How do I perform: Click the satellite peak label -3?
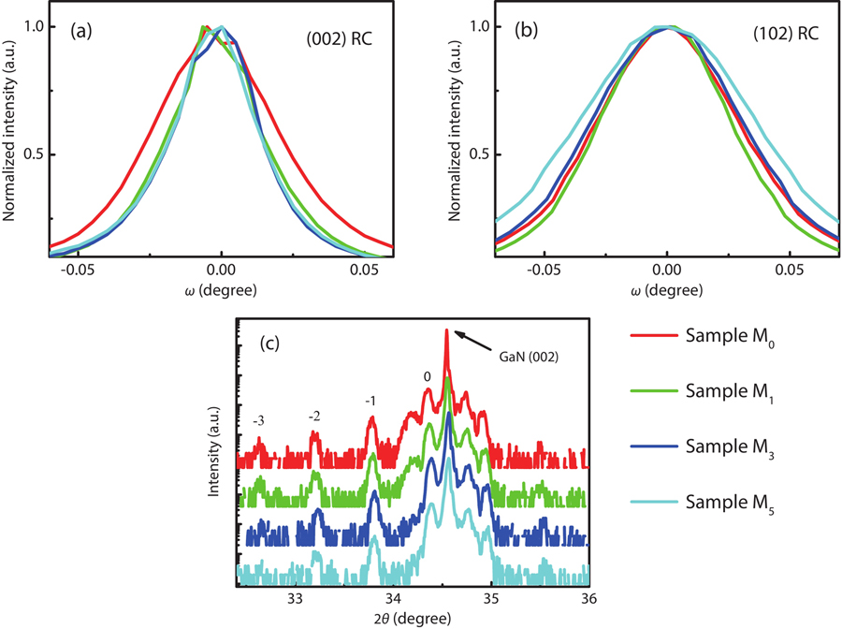pyautogui.click(x=256, y=421)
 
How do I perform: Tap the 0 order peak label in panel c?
pyautogui.click(x=427, y=376)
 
